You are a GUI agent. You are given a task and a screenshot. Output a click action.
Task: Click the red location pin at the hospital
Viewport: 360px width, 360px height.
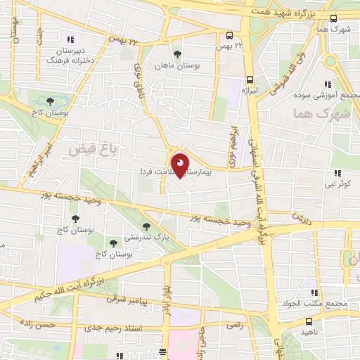tap(179, 164)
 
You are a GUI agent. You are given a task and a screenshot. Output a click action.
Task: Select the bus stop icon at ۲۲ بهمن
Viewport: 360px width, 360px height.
tap(230, 35)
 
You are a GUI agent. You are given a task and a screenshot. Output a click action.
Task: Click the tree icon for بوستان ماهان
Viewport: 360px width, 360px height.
tap(176, 53)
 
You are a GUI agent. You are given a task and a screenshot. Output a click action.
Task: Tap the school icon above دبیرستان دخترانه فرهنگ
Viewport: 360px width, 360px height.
tap(70, 39)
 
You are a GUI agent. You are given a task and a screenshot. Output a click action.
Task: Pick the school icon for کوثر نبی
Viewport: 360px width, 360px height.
tap(337, 173)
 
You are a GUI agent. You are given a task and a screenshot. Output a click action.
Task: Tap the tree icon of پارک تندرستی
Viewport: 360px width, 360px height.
tap(146, 226)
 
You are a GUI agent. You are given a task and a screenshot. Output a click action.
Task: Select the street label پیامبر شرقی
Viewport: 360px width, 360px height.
tap(125, 300)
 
